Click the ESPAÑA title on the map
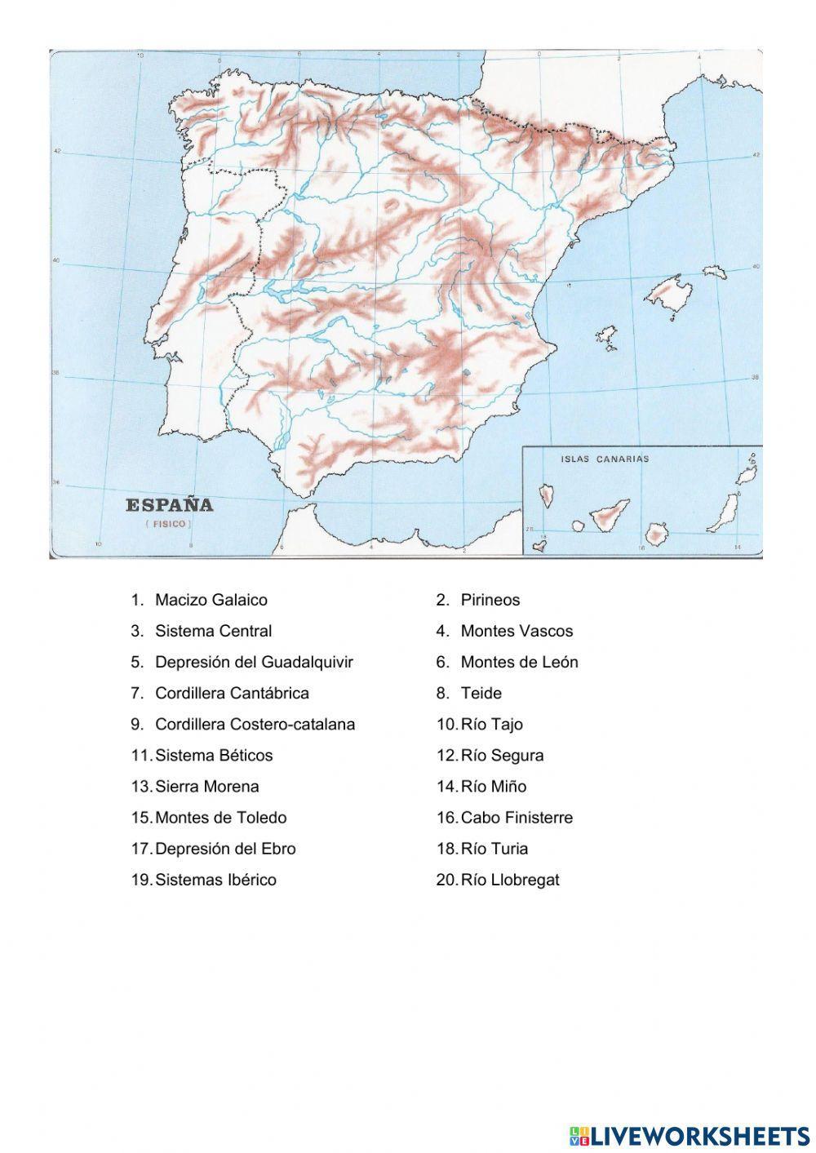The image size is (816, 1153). pos(169,505)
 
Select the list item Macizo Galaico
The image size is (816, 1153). pos(211,600)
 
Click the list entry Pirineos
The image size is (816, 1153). pos(490,600)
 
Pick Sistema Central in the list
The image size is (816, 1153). pos(213,631)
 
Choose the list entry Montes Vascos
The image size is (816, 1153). pos(517,631)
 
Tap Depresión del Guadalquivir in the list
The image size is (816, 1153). pos(254,662)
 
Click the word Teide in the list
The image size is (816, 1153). pos(481,693)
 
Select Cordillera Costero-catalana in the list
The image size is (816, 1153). pos(255,724)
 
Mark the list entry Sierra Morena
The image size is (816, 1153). pos(206,787)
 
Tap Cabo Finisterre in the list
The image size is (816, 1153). pos(517,818)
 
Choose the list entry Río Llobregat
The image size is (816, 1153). pos(510,880)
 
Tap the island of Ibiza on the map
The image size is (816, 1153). pos(605,338)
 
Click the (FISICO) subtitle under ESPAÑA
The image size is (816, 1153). pos(169,523)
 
